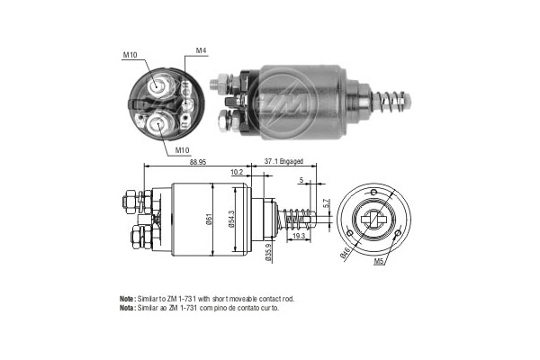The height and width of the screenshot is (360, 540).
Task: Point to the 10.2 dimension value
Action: click(237, 171)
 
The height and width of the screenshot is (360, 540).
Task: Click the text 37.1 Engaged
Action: click(283, 162)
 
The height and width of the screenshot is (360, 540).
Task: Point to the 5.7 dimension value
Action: click(326, 203)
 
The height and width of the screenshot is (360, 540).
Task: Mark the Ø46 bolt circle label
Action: click(346, 254)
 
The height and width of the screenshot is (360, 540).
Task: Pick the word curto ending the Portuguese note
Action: click(270, 308)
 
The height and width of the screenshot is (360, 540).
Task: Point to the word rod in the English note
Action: click(289, 298)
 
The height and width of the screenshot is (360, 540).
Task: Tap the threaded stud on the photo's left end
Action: click(216, 83)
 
